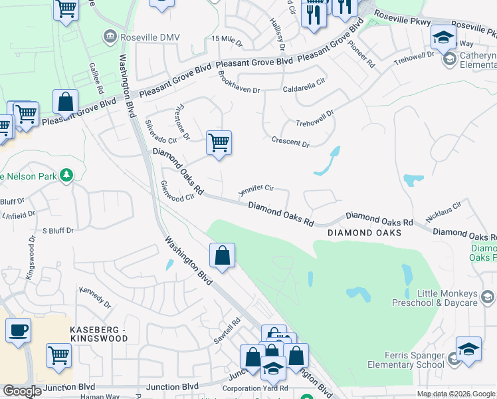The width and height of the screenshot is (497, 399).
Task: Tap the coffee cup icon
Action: [x=18, y=330]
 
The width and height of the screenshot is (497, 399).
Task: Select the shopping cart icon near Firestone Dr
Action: [x=219, y=143]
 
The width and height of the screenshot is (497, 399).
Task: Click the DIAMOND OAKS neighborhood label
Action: [x=364, y=233]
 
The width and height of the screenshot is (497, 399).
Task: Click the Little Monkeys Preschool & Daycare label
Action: [x=447, y=298]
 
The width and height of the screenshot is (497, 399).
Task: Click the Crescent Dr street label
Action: [x=290, y=142]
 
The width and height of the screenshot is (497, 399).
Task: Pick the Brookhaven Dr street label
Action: [x=239, y=88]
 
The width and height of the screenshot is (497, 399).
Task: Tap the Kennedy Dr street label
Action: [x=95, y=297]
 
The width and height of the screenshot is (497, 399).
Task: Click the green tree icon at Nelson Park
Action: [x=66, y=175]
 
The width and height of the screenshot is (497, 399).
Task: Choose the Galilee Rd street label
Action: [x=96, y=80]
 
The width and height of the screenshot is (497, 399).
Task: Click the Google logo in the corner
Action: [x=22, y=391]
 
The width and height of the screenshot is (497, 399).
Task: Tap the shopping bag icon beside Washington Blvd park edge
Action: [x=222, y=255]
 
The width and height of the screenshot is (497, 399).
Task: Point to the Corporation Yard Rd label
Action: [x=256, y=388]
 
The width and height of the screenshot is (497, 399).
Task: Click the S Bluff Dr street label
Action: [x=58, y=231]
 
